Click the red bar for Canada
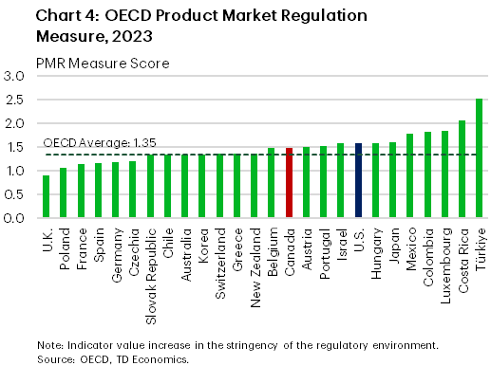tap(289, 183)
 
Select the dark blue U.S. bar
tap(358, 181)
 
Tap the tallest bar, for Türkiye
tap(480, 158)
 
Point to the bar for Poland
tap(64, 193)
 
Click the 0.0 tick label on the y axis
tap(15, 219)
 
